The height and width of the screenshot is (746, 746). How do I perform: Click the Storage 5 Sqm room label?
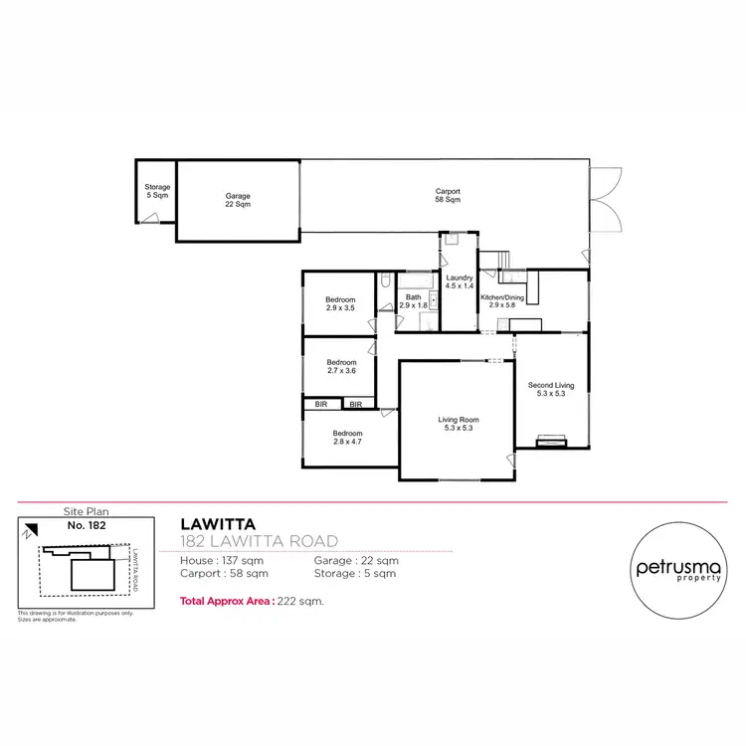[157, 191]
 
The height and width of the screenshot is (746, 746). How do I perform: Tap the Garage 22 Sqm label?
[237, 200]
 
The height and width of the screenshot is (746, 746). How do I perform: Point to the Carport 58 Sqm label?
[448, 195]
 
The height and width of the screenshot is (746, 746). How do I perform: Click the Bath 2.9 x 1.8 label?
[414, 300]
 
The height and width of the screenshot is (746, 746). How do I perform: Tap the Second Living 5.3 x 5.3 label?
[550, 389]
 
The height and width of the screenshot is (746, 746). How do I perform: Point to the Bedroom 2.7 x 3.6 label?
[340, 366]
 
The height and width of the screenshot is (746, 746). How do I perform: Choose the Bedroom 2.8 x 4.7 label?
[347, 438]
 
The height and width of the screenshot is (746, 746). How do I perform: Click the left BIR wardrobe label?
[321, 405]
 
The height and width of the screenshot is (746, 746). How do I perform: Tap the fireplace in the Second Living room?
[550, 441]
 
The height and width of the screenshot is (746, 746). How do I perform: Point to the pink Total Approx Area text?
[253, 601]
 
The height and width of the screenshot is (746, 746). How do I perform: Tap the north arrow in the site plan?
[31, 531]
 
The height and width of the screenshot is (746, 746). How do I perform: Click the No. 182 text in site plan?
[86, 524]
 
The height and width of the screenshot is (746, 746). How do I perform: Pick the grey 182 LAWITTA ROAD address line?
[259, 541]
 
